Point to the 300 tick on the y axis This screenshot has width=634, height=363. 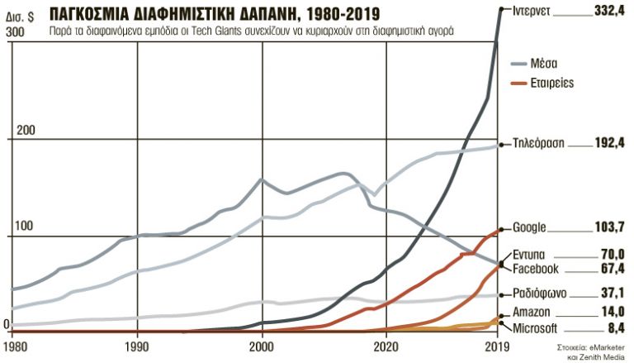16,31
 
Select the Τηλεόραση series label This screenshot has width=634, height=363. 538,142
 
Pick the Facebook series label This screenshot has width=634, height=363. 536,269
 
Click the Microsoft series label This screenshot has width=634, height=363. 536,328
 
